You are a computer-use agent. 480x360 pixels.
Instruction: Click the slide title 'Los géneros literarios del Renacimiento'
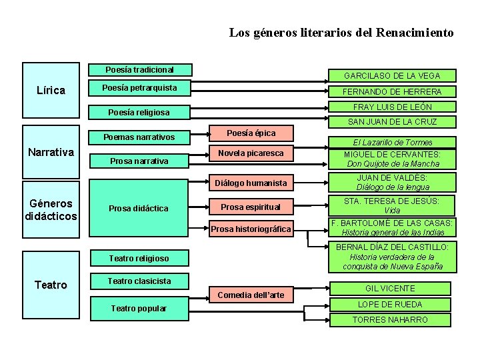pyautogui.click(x=341, y=32)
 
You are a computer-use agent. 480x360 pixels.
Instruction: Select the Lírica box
pyautogui.click(x=51, y=91)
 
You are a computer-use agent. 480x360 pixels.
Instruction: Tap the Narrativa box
pyautogui.click(x=51, y=153)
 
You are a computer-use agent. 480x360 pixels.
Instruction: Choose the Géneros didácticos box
pyautogui.click(x=51, y=209)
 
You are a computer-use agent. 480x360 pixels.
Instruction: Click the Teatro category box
pyautogui.click(x=51, y=285)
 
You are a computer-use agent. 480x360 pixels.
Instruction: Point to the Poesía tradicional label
pyautogui.click(x=140, y=69)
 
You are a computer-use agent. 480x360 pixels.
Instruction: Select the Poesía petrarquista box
pyautogui.click(x=139, y=88)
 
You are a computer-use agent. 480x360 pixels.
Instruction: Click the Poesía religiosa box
pyautogui.click(x=139, y=113)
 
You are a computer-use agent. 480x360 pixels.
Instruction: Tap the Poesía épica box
pyautogui.click(x=251, y=133)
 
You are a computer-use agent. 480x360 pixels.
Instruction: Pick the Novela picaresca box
pyautogui.click(x=251, y=153)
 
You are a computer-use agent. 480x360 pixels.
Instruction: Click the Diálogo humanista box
pyautogui.click(x=251, y=183)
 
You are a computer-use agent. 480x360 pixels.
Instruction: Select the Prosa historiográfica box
pyautogui.click(x=251, y=229)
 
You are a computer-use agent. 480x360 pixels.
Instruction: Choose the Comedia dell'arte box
pyautogui.click(x=251, y=295)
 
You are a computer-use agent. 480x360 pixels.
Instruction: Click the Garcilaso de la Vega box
pyautogui.click(x=392, y=76)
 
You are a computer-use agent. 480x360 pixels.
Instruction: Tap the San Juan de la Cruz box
pyautogui.click(x=392, y=122)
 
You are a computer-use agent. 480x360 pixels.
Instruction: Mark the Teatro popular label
pyautogui.click(x=139, y=308)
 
